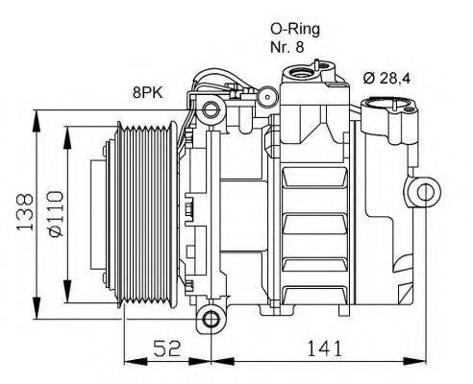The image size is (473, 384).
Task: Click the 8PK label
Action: pos(147,93)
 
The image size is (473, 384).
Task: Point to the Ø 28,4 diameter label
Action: pos(392,79)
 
